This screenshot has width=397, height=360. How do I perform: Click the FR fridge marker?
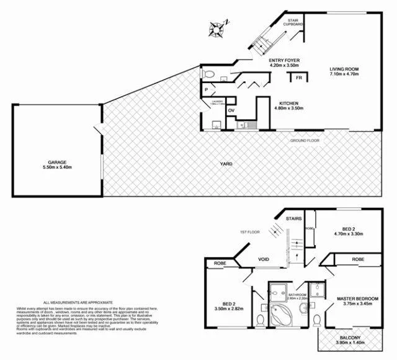298,78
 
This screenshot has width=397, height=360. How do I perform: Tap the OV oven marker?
231,110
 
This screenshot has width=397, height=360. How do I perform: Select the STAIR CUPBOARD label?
293,22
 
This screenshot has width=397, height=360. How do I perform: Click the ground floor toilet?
209,74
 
